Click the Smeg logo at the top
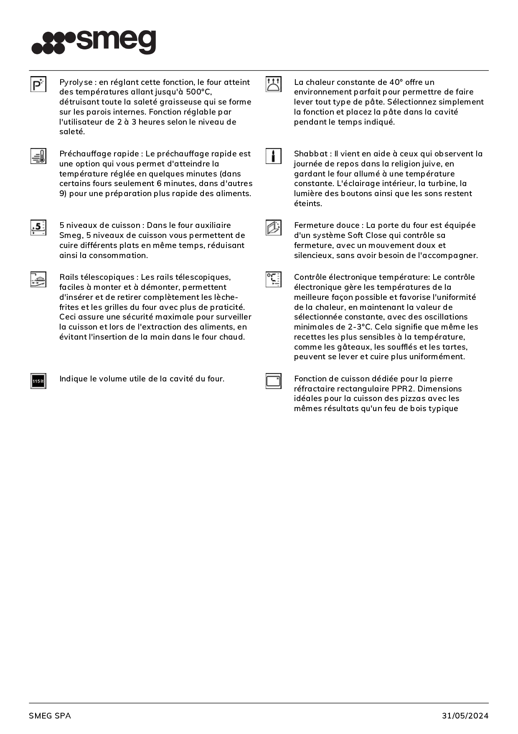pyautogui.click(x=94, y=42)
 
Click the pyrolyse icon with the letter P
pyautogui.click(x=38, y=84)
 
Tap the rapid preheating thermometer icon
pyautogui.click(x=38, y=156)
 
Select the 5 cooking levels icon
pyautogui.click(x=38, y=228)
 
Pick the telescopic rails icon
pyautogui.click(x=38, y=279)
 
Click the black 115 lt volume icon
pyautogui.click(x=38, y=381)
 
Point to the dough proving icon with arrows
pyautogui.click(x=273, y=84)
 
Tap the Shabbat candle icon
pyautogui.click(x=273, y=156)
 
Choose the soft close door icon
pyautogui.click(x=273, y=228)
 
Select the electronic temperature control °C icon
pyautogui.click(x=273, y=279)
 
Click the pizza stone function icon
pyautogui.click(x=273, y=381)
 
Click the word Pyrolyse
pyautogui.click(x=76, y=82)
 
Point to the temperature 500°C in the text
pyautogui.click(x=198, y=92)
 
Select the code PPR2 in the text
pyautogui.click(x=402, y=389)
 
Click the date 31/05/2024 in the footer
pyautogui.click(x=465, y=716)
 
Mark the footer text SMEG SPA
pyautogui.click(x=50, y=716)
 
